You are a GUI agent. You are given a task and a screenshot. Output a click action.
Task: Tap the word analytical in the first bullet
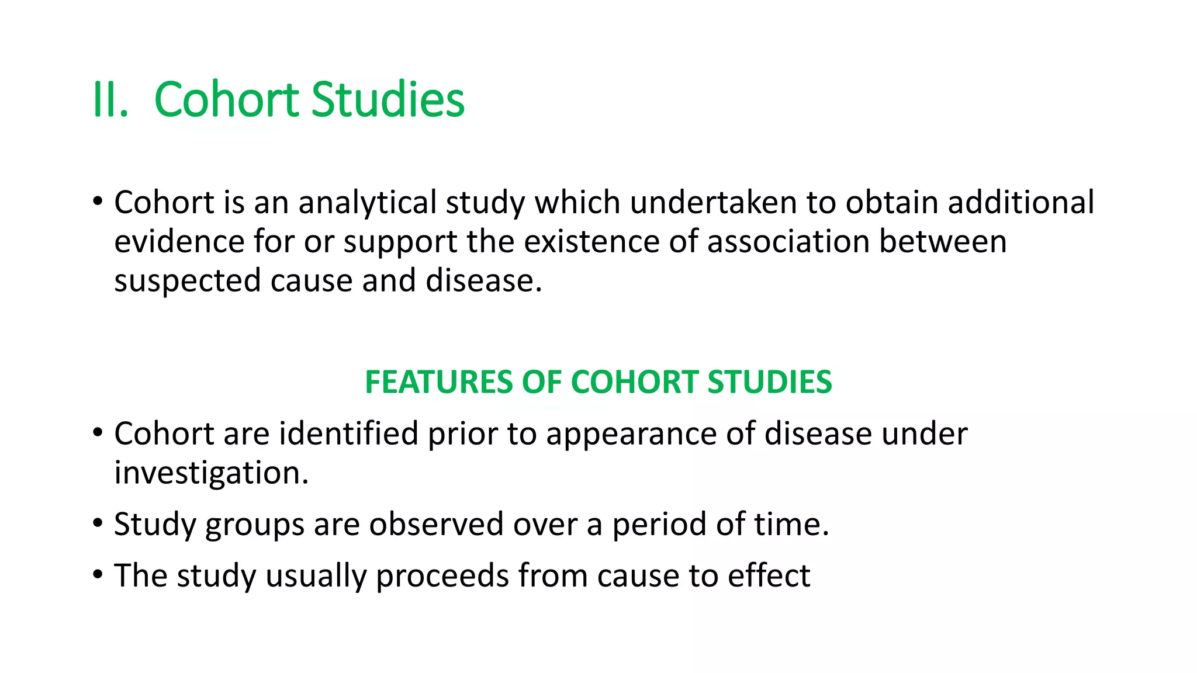pyautogui.click(x=366, y=203)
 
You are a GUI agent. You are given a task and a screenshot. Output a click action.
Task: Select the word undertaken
pyautogui.click(x=713, y=203)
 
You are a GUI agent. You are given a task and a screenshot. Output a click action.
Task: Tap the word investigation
pyautogui.click(x=211, y=473)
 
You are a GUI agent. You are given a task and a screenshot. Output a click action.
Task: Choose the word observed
pyautogui.click(x=436, y=524)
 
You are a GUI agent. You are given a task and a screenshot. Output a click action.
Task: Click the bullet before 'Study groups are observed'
pyautogui.click(x=98, y=523)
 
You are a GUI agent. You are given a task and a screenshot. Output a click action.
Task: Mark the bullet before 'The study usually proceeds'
pyautogui.click(x=98, y=575)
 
